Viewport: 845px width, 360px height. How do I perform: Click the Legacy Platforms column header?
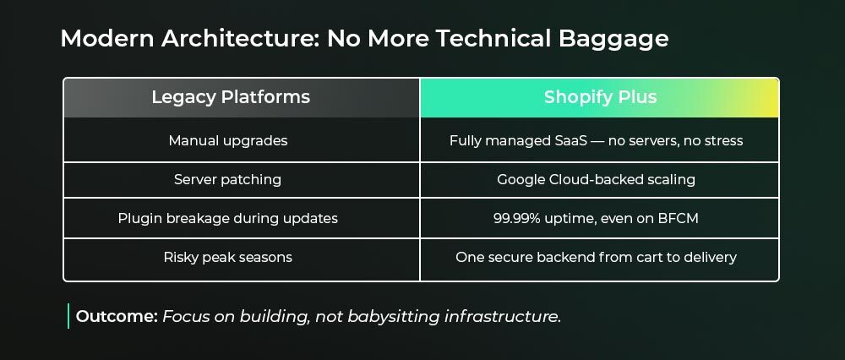[231, 97]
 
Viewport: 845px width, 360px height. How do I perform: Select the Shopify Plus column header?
[600, 97]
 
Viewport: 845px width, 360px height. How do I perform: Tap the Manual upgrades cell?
[228, 140]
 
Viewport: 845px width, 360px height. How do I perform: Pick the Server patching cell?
[227, 179]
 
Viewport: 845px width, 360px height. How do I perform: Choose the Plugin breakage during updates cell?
[228, 218]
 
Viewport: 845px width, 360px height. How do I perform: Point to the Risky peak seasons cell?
[228, 257]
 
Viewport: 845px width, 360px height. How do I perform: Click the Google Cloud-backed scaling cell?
[596, 179]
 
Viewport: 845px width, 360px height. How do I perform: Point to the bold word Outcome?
[117, 316]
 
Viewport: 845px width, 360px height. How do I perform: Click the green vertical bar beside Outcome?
[68, 316]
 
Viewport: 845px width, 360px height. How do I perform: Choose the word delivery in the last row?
[710, 257]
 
